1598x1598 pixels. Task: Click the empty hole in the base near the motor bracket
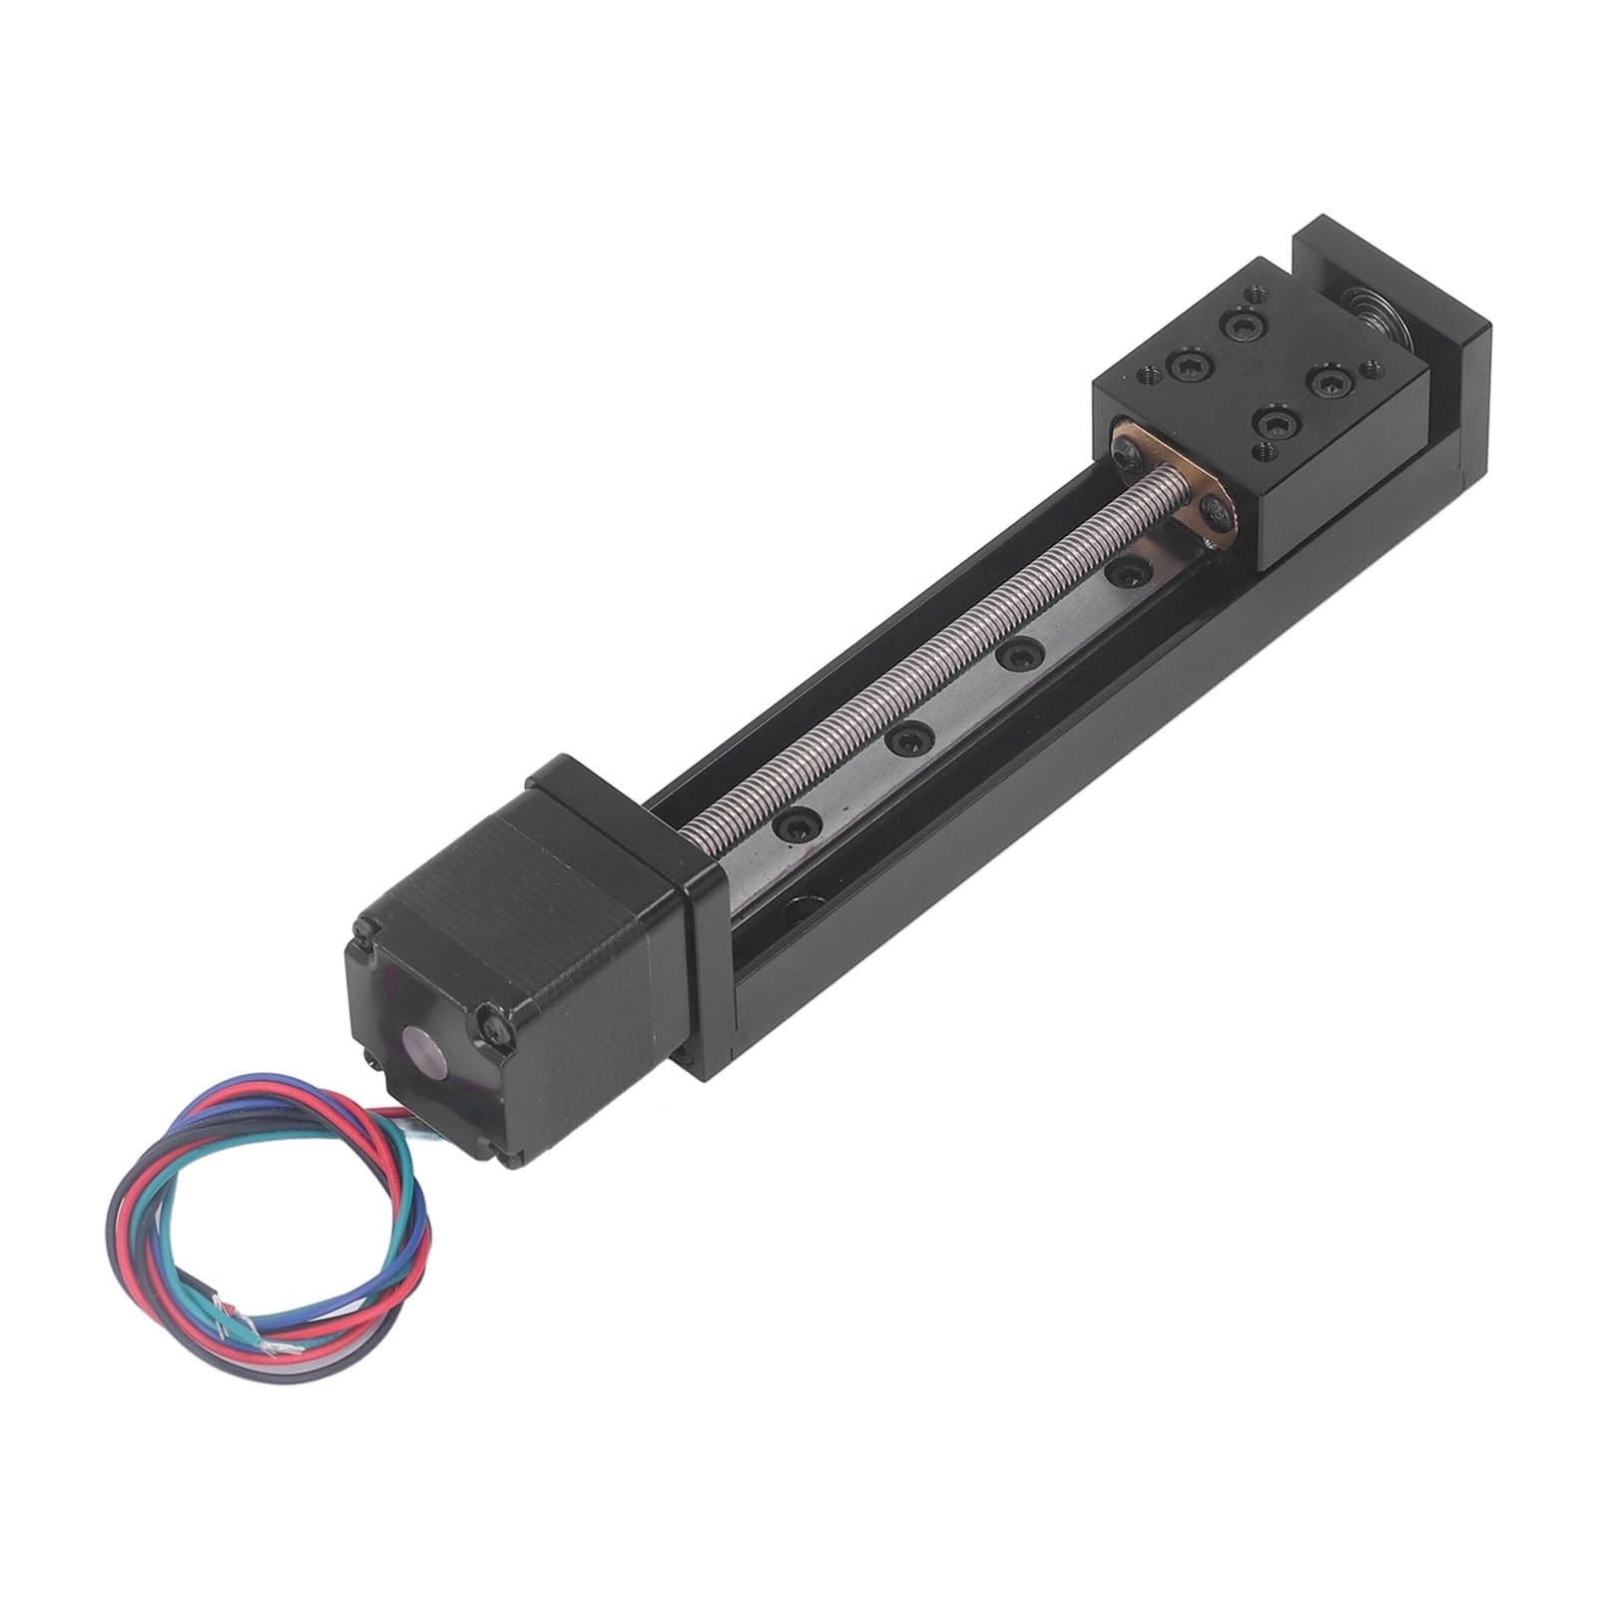tap(799, 910)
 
